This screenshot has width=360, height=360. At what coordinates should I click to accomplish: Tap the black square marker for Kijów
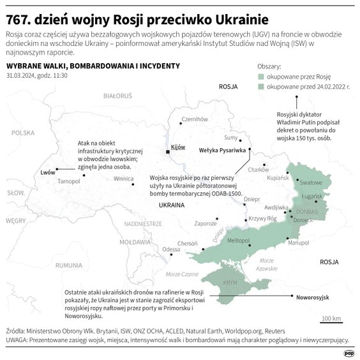(x=168, y=152)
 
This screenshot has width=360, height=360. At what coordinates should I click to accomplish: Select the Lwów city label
(x=47, y=172)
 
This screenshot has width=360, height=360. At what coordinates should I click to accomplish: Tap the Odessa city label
(x=171, y=249)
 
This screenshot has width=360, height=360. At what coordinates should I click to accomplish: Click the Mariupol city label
(x=298, y=243)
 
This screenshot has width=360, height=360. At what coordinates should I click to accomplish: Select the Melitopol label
(x=239, y=239)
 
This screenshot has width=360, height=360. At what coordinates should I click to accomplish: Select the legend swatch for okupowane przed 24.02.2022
(x=261, y=87)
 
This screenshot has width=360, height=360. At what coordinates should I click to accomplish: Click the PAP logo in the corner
(x=349, y=352)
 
